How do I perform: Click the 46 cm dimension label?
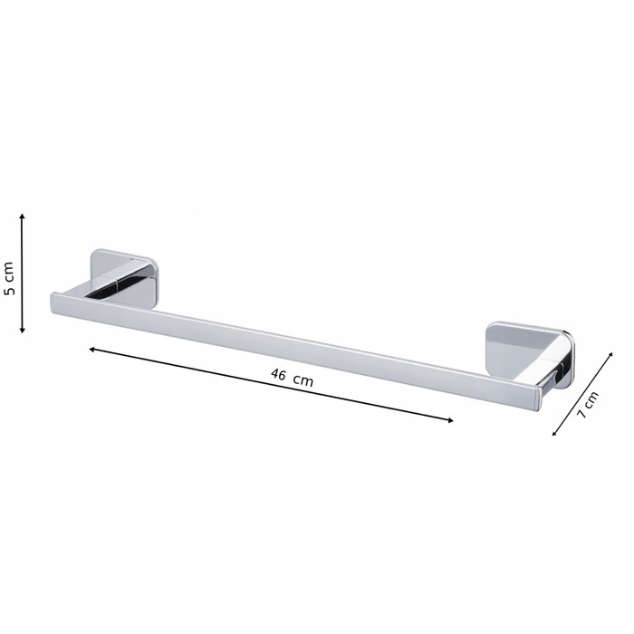coord(292,378)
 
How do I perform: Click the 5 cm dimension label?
coord(9,278)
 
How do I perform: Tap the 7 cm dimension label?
coord(588,405)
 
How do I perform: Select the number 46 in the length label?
coord(278,374)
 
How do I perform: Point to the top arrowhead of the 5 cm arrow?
coord(23,216)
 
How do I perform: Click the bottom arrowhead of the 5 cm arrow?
coord(23,331)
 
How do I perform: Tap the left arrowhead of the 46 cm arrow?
coord(91,349)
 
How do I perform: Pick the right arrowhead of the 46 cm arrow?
coord(450,420)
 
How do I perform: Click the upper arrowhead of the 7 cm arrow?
coord(610,355)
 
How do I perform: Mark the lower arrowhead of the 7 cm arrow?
coord(554,433)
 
